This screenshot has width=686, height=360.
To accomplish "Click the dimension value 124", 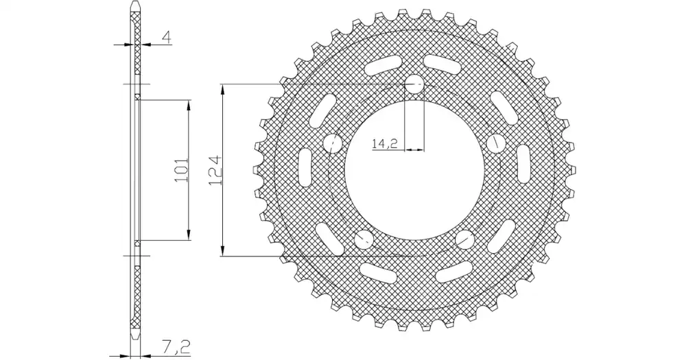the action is coord(215,170).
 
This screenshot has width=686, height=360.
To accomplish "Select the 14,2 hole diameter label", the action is coord(385,143).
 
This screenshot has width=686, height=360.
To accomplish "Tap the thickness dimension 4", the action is coord(166,37).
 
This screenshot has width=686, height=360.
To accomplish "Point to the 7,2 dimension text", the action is coord(177,348).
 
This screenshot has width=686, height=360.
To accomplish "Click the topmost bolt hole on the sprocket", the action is coord(414,84).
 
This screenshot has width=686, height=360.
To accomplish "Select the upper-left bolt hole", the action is coord(333,143).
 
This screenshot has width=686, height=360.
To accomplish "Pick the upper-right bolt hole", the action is coord(496,142).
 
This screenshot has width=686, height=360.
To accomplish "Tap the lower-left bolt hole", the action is coord(364,239).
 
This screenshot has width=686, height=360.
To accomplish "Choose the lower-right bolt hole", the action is coord(465,239).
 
